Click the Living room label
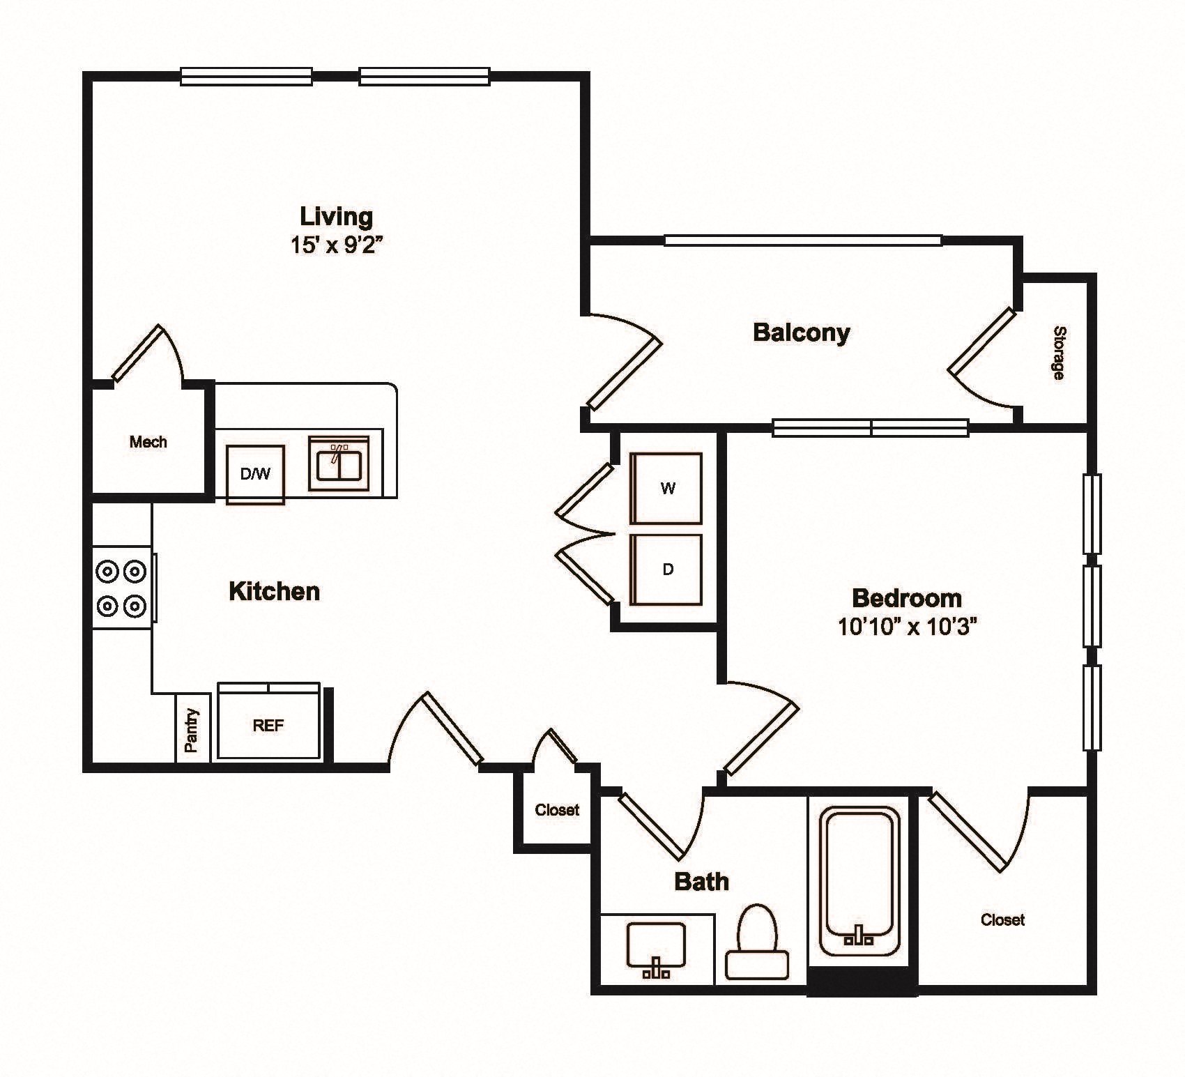click(336, 216)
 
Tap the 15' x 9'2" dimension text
click(337, 245)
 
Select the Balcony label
click(801, 333)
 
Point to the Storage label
click(1058, 353)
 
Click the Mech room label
click(148, 442)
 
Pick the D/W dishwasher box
click(255, 475)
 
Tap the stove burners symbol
click(121, 588)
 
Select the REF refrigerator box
click(268, 726)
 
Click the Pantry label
click(192, 730)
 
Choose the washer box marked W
click(666, 489)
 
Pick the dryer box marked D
click(666, 570)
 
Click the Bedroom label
click(906, 598)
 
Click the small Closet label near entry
click(557, 810)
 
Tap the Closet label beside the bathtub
click(1002, 920)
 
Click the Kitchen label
click(274, 592)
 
